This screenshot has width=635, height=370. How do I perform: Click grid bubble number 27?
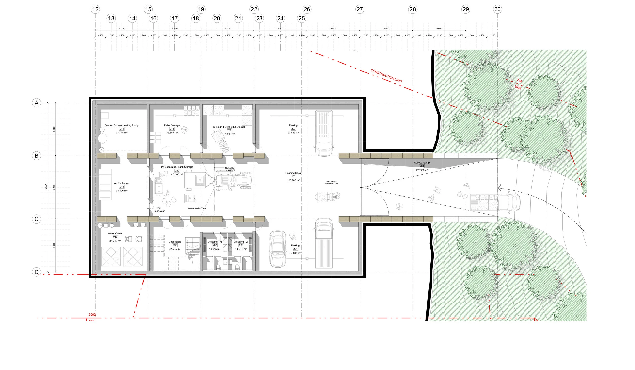(360, 9)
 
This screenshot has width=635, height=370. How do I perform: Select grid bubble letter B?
(36, 156)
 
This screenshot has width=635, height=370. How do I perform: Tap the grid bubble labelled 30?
(497, 9)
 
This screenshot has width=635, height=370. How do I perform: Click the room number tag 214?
(122, 129)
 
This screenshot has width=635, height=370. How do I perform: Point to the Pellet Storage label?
(172, 125)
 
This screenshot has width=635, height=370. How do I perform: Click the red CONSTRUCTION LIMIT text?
(386, 76)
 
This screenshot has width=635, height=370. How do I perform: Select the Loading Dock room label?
(293, 173)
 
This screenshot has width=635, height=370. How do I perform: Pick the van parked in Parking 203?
(324, 133)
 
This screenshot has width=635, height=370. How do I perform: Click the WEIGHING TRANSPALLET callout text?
(331, 183)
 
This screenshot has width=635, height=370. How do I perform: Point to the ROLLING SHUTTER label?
(230, 169)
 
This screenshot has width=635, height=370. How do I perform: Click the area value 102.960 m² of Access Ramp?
(422, 170)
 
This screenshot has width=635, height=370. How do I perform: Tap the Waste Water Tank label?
(197, 208)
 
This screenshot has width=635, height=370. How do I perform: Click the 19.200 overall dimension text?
(46, 187)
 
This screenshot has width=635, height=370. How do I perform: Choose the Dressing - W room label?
(241, 242)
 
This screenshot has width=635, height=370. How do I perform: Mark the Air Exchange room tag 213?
(122, 187)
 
